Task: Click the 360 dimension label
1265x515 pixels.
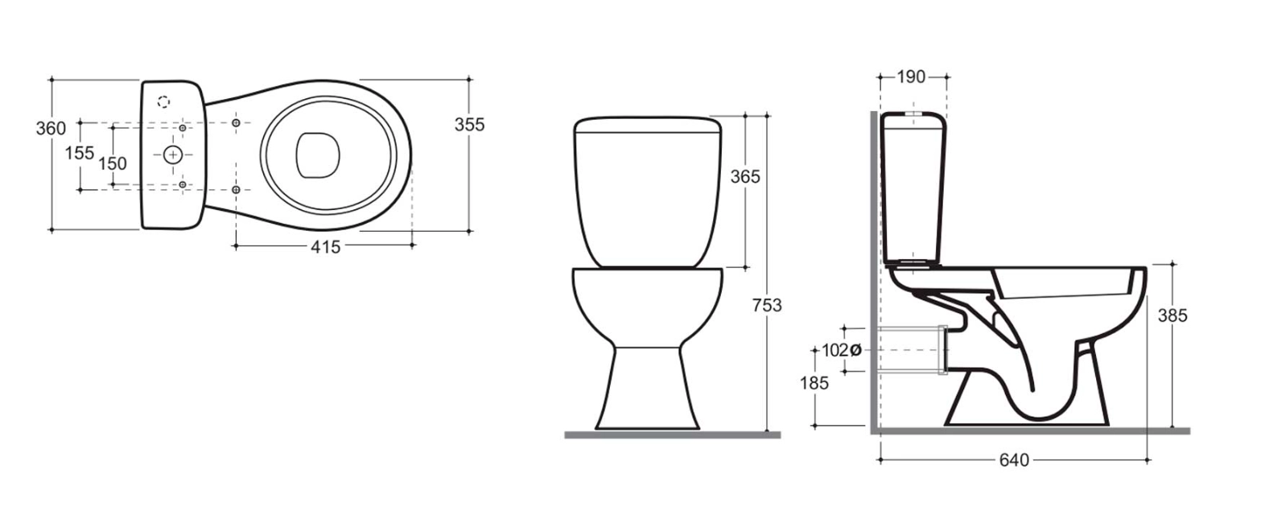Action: pos(51,129)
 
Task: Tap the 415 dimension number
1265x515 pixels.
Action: pos(325,247)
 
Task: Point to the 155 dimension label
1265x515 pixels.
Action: pos(80,153)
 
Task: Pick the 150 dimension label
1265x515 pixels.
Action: pos(112,163)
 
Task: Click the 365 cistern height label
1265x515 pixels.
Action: pos(744,176)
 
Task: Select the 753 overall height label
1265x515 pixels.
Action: pos(767,305)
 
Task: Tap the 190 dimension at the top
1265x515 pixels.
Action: pos(911,77)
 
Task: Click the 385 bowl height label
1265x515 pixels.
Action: pos(1172,316)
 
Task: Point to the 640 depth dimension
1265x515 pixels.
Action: pos(1014,460)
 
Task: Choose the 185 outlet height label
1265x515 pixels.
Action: pos(814,383)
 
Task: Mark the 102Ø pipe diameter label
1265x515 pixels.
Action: pos(842,350)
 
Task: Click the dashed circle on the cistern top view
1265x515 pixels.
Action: pos(163,102)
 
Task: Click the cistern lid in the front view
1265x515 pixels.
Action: pos(647,124)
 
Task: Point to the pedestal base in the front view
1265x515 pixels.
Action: pos(647,386)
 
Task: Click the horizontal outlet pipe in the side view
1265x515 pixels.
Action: pos(913,350)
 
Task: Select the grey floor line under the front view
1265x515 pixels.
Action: pos(672,435)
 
